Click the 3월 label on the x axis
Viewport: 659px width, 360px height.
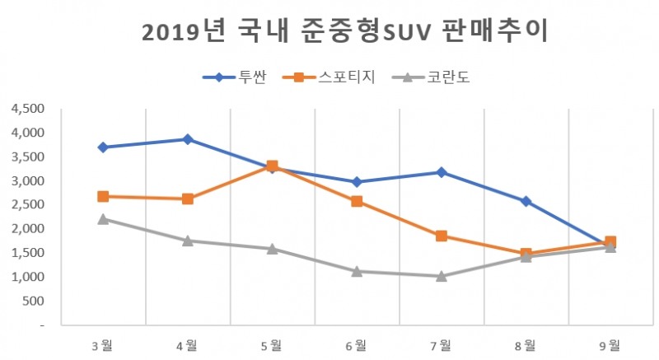coord(103,345)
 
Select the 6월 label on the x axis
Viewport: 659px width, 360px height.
coord(357,345)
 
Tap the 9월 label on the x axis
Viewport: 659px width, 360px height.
coord(610,345)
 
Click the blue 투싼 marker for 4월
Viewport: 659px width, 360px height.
coord(188,139)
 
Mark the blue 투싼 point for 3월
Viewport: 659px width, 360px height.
coord(103,147)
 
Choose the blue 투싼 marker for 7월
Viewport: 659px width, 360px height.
coord(442,172)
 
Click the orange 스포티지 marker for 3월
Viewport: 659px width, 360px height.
coord(103,196)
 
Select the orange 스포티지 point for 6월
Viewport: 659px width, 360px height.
coord(357,201)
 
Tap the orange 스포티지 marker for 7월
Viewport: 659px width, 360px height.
coord(442,236)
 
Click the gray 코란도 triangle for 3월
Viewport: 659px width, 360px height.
coord(103,218)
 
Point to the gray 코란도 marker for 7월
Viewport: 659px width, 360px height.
coord(442,276)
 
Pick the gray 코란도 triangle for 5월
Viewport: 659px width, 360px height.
coord(272,248)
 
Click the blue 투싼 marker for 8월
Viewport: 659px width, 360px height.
coord(526,201)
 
